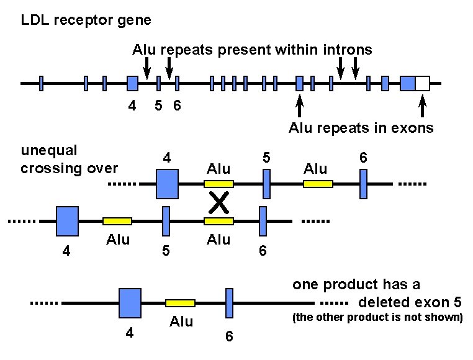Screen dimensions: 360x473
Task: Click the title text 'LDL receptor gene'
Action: point(86,20)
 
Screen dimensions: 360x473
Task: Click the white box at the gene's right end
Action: point(422,83)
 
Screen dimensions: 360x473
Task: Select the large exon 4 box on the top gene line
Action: point(132,83)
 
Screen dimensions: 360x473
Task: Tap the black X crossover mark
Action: point(218,202)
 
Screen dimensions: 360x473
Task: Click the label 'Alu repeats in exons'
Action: point(361,128)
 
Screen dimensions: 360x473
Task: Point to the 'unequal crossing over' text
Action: point(69,159)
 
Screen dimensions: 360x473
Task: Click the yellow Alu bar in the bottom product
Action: point(180,303)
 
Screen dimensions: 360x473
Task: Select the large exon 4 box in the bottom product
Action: point(130,303)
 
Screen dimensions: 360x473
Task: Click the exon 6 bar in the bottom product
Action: point(229,303)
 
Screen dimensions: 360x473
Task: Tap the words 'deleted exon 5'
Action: point(410,302)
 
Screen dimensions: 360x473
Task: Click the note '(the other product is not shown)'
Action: point(377,318)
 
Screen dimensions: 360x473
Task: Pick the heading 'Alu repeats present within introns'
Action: point(252,50)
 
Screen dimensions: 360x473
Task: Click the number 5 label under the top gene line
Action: point(158,106)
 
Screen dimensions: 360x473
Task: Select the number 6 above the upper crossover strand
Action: point(364,158)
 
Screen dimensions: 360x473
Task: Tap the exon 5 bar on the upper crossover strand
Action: point(266,184)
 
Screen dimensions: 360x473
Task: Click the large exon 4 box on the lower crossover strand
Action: point(67,220)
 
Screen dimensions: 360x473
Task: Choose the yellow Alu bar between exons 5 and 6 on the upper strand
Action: point(318,184)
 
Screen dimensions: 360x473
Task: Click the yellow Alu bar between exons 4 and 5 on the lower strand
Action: point(117,221)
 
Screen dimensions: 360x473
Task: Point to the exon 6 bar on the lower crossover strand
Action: point(263,221)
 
